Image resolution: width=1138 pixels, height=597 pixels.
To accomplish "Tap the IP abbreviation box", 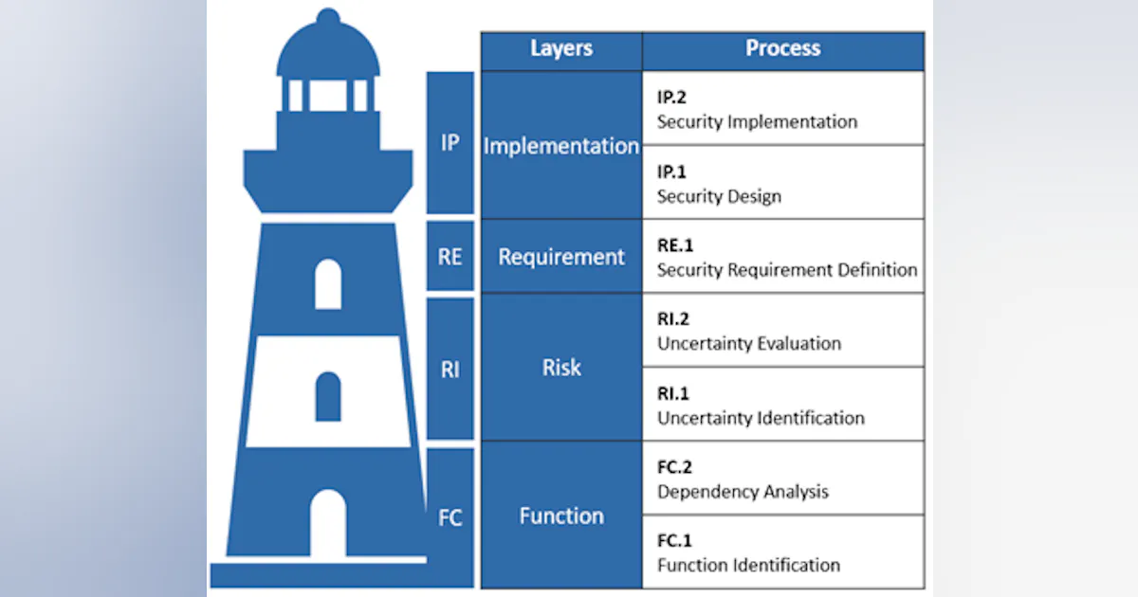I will click(450, 143).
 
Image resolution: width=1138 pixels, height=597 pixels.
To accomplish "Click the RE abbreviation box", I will click(450, 256).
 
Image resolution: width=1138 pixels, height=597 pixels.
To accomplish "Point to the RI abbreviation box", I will click(450, 369).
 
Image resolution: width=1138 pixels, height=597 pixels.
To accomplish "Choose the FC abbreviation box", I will click(450, 517).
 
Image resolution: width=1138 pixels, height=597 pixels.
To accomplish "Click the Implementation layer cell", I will click(561, 146).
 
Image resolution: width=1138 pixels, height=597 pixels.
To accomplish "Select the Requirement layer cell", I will click(561, 257).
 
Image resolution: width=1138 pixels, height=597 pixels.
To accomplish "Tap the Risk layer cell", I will click(561, 368).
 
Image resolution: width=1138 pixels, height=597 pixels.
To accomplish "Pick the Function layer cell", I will click(561, 516).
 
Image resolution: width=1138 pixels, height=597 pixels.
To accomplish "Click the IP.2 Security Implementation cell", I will click(782, 109).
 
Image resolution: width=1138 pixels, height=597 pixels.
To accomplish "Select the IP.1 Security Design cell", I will click(782, 183).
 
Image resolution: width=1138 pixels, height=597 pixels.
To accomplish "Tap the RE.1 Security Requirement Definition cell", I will click(782, 257).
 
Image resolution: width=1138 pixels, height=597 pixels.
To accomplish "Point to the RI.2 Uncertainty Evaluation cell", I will click(782, 331).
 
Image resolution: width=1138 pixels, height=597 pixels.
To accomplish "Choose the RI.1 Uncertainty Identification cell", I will click(782, 405).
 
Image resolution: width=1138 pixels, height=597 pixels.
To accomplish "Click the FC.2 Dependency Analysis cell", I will click(782, 479).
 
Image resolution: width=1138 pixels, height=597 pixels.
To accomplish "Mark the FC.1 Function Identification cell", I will click(782, 552).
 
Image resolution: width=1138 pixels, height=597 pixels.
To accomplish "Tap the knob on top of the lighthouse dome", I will click(328, 17).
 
